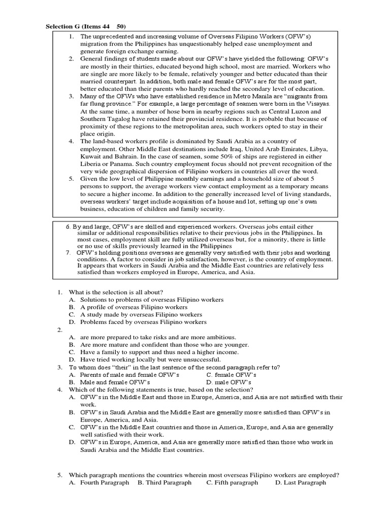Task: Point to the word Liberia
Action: coord(92,164)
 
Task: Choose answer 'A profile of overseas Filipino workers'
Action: coord(134,307)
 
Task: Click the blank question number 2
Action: coord(59,329)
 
